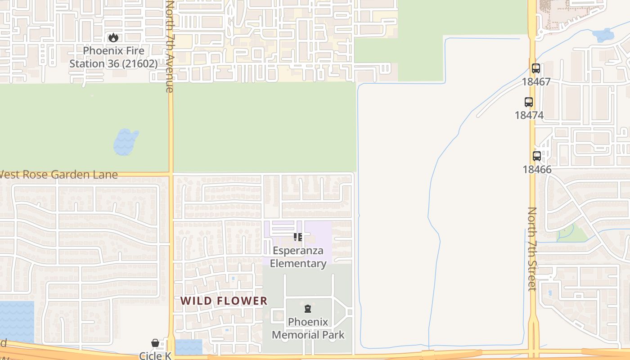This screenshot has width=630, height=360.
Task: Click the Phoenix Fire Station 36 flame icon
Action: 113,38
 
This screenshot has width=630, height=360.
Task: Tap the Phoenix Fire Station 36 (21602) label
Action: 113,57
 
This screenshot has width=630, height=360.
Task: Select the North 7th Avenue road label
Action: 170,46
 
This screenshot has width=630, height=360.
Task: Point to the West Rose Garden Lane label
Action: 58,175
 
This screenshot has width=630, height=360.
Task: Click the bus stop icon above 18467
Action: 535,68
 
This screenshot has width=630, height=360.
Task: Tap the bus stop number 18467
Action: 536,82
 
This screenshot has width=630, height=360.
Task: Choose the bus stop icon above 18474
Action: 529,102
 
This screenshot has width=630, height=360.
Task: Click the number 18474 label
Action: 529,115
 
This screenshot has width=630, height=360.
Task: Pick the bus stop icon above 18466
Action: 537,156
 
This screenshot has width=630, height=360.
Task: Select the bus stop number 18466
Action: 537,170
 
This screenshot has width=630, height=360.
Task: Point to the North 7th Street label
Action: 532,248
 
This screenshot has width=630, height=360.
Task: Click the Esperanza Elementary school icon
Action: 298,237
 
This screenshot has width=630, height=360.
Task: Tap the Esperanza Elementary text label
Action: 298,257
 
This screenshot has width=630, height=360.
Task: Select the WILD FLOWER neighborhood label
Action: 224,301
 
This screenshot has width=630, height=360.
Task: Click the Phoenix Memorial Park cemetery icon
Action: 308,309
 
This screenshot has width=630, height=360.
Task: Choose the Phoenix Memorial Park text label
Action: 308,328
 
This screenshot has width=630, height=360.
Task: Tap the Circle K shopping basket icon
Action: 155,343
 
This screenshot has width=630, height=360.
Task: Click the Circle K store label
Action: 155,355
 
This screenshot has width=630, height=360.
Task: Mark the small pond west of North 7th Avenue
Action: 126,141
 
